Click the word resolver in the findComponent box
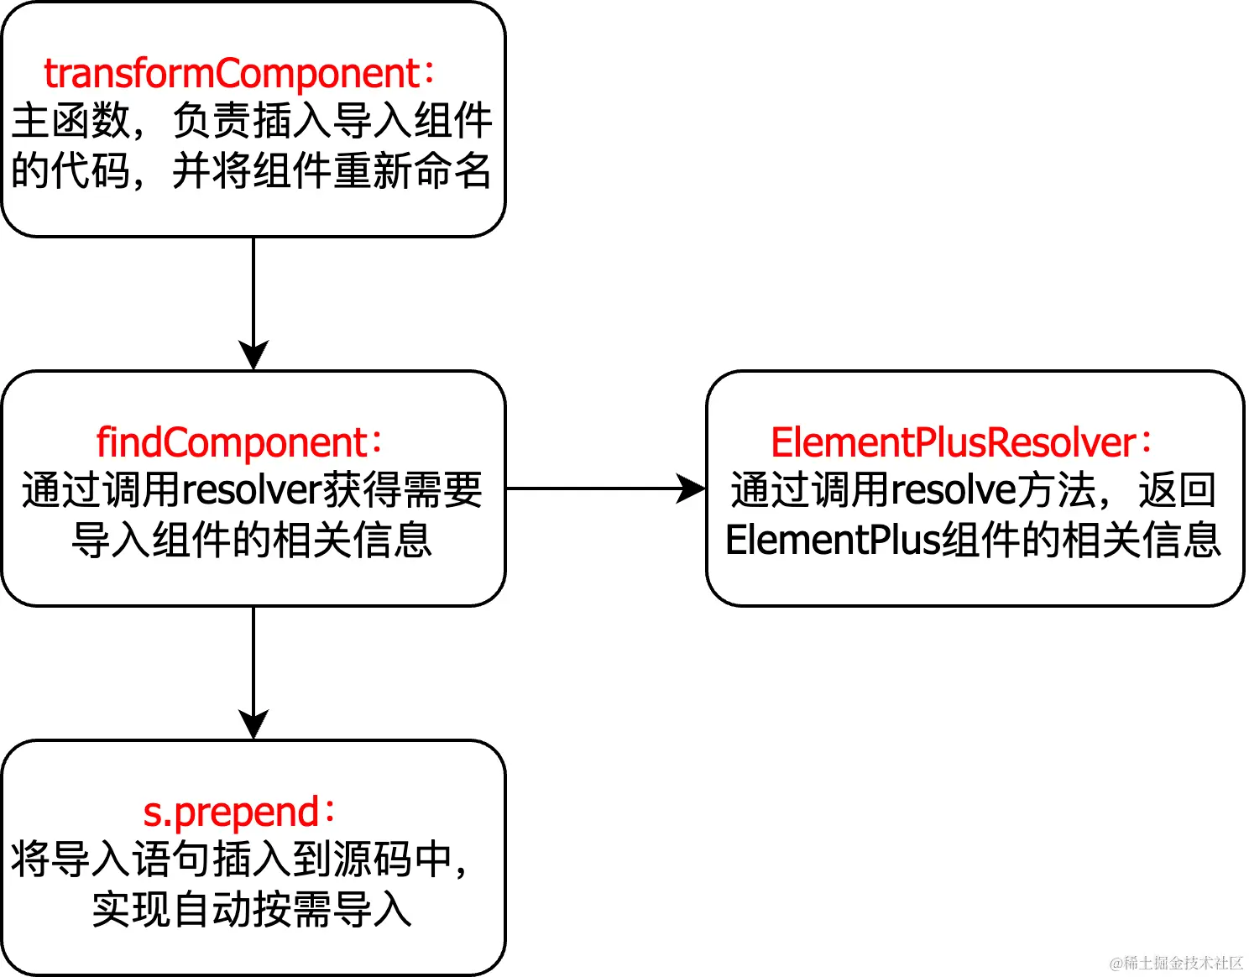pos(253,490)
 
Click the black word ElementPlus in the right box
pos(831,540)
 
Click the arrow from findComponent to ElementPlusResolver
pos(596,488)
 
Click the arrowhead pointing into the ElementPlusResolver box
pos(692,488)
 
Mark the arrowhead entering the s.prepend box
pos(253,725)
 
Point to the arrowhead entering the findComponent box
pos(253,356)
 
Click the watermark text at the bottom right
pos(1175,963)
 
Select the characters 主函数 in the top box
pos(71,121)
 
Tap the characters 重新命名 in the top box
pos(411,170)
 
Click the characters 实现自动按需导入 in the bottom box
pos(252,910)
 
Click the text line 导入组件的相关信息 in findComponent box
pos(252,540)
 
